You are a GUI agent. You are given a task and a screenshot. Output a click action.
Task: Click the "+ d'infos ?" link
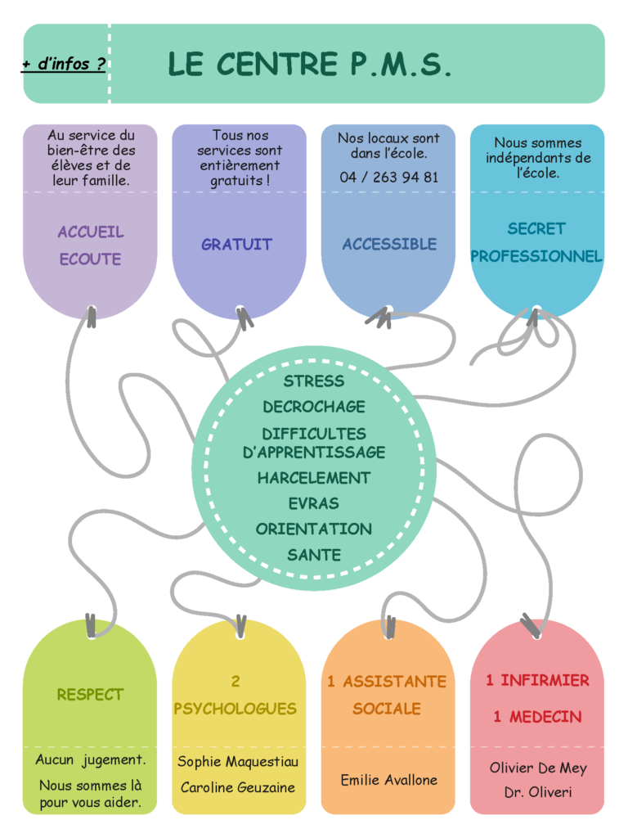point(64,64)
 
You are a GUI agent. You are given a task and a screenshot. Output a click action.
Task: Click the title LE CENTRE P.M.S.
point(310,64)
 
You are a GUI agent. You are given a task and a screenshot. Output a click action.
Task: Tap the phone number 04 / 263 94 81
point(388,177)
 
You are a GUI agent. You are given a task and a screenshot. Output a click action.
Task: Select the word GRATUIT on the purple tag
point(236,244)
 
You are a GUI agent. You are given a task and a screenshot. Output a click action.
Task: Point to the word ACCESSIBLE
point(389,244)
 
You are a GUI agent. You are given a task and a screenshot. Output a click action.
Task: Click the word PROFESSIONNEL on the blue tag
point(536,256)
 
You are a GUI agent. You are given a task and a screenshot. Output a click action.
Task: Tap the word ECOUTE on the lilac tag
point(90,259)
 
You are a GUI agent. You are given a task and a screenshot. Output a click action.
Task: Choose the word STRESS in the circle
point(314,381)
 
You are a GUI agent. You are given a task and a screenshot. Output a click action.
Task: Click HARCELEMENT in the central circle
point(314,478)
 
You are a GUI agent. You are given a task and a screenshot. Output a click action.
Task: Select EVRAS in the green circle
point(314,503)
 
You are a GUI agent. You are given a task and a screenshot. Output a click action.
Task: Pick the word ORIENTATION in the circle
point(314,529)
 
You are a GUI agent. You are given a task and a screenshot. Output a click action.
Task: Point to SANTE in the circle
point(314,556)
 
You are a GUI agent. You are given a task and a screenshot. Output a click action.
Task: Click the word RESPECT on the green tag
point(90,694)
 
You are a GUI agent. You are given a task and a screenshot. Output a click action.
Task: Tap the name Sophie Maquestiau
point(238,762)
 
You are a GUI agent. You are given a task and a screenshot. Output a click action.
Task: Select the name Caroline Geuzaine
point(238,787)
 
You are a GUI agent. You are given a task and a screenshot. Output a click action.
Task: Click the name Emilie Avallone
point(388,780)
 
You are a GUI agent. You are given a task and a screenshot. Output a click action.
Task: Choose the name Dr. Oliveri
point(538,792)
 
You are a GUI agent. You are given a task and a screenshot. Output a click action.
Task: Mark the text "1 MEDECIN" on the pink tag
point(537,717)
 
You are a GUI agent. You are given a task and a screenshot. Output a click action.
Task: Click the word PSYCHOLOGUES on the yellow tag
point(235,709)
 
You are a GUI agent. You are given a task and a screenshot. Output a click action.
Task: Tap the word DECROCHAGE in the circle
point(314,407)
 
